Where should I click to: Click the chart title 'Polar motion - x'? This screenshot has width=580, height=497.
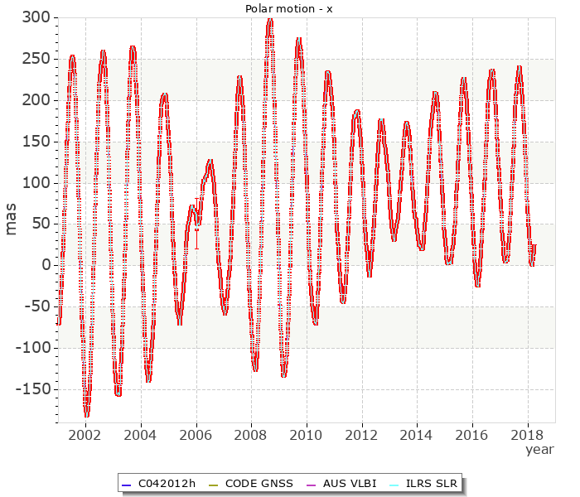(x=286, y=8)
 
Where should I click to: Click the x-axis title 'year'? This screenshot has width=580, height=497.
(x=539, y=449)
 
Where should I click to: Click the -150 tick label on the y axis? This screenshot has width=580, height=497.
(x=33, y=389)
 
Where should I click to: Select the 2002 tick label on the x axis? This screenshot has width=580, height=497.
(x=85, y=434)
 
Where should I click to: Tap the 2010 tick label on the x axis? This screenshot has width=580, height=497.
(x=307, y=434)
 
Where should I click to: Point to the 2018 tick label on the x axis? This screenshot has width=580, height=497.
(x=528, y=434)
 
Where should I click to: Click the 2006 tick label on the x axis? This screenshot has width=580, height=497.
(x=196, y=434)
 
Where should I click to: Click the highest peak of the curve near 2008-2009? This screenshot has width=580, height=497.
(x=270, y=19)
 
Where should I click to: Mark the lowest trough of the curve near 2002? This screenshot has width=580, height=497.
(x=87, y=414)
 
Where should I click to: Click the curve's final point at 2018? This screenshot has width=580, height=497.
(x=534, y=245)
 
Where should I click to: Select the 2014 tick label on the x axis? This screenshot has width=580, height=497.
(x=417, y=434)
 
